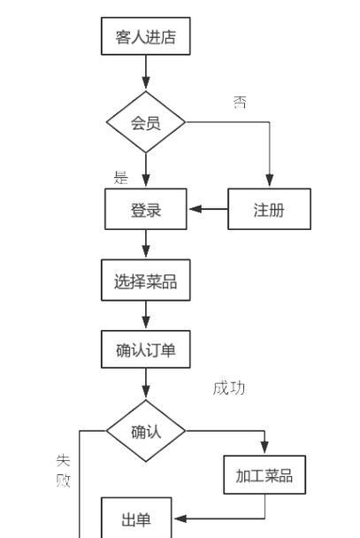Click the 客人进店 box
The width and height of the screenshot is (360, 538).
pos(146,36)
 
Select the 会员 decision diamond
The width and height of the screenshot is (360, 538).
pos(146,122)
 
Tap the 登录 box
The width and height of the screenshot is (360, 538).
pos(146,209)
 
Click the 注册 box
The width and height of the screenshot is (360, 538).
pos(270,209)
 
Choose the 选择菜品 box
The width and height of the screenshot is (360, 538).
pos(146,280)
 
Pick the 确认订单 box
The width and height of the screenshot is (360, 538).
pos(146,350)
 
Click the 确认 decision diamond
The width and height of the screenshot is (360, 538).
pos(146,431)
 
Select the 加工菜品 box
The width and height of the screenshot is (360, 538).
pos(264,475)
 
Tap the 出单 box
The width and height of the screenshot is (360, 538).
pos(136,519)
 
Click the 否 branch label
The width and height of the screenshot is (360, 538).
pos(240,102)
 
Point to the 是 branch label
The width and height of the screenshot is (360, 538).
pos(120,177)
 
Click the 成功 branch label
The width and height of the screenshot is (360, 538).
pos(229,388)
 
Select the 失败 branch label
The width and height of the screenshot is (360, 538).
pos(64,470)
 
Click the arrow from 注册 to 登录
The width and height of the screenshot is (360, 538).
pos(209,209)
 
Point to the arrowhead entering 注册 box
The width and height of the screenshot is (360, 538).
pos(270,181)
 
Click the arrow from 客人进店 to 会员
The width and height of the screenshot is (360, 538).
pos(146,72)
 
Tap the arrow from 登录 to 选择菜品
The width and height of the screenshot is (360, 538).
pos(146,243)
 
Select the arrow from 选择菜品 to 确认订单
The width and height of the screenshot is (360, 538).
pos(146,315)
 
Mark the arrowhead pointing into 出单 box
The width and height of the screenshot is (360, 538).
pos(180,519)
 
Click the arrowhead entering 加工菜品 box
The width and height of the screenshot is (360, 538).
pos(264,447)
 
